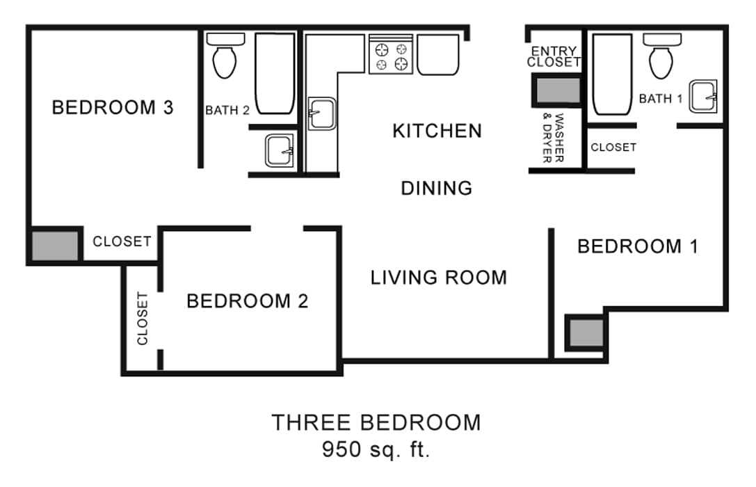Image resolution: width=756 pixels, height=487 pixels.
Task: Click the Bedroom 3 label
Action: [x=112, y=108]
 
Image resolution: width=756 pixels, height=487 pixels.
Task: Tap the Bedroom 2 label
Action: [x=247, y=301]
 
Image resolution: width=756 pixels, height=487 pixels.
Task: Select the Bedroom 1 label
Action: [x=638, y=246]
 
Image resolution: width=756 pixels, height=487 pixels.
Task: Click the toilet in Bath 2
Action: [x=225, y=57]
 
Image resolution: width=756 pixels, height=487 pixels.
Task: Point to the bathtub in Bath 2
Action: [x=275, y=73]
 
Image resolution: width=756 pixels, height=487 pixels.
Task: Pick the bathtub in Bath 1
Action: [x=612, y=75]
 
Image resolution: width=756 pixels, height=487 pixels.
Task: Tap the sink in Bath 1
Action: [x=703, y=97]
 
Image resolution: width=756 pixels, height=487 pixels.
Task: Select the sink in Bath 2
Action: [x=280, y=150]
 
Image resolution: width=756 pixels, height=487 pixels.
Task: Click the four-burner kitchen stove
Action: [x=391, y=56]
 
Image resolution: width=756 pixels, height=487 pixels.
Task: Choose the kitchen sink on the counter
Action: [x=321, y=113]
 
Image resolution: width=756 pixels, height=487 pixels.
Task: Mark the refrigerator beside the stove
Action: [x=437, y=54]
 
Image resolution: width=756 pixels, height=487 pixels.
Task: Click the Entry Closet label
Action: [x=554, y=56]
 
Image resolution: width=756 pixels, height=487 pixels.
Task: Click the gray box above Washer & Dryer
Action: [x=556, y=91]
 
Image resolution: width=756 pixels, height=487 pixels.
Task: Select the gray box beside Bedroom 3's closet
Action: [x=55, y=245]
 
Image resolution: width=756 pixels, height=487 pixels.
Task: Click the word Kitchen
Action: [x=437, y=131]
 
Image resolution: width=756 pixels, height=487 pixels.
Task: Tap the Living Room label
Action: [x=438, y=278]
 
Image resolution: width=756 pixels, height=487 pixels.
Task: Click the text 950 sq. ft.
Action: [x=376, y=449]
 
